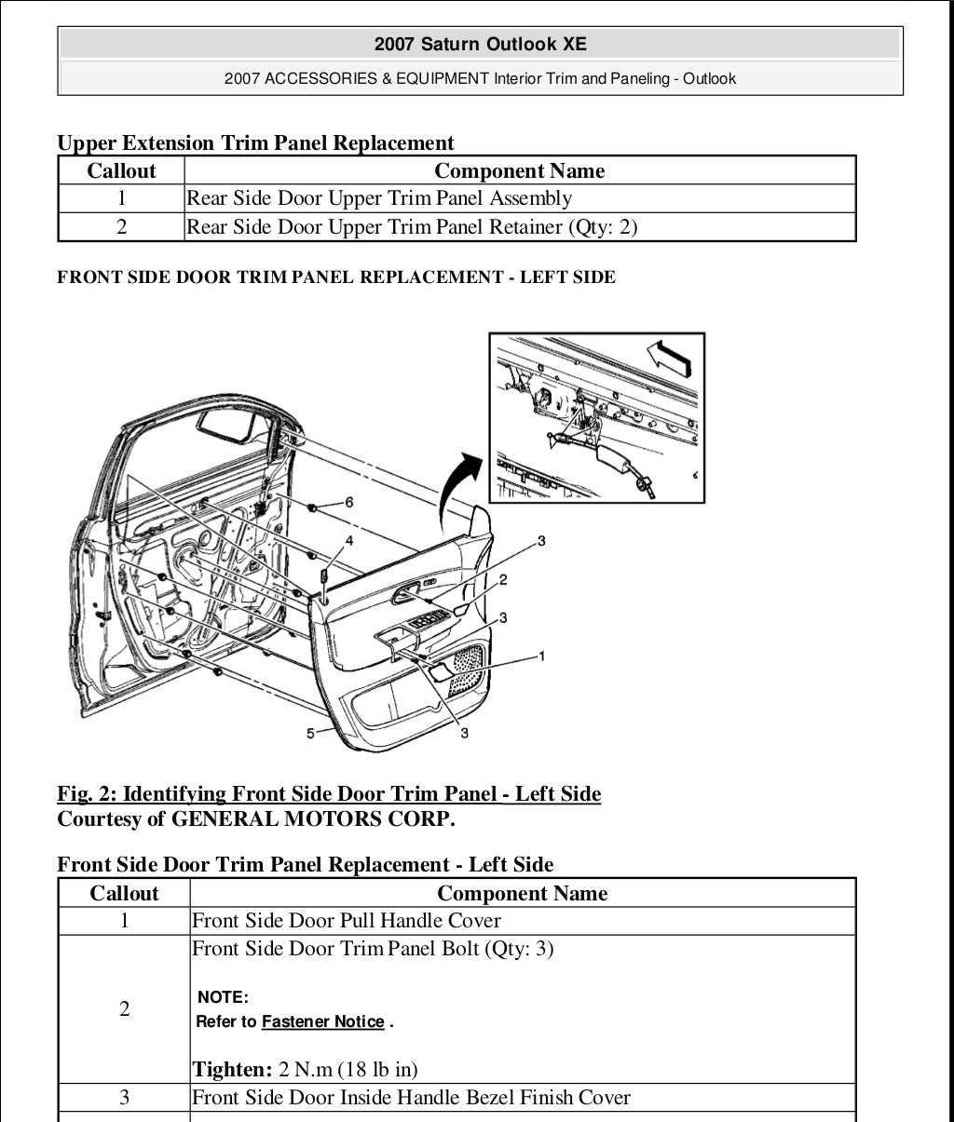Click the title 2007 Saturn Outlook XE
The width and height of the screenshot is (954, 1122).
point(480,44)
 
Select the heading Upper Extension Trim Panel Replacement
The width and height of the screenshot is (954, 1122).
point(255,142)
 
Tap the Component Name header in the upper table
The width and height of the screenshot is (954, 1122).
point(519,170)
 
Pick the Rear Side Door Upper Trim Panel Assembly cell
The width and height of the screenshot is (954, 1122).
point(379,198)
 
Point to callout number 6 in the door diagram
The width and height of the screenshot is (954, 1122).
point(349,502)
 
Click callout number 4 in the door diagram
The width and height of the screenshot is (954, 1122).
point(349,540)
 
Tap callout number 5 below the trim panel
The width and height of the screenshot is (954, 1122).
point(311,734)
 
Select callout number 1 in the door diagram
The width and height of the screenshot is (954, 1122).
point(542,656)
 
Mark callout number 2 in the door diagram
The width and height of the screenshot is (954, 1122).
point(503,580)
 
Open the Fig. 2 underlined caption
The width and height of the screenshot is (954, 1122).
point(329,794)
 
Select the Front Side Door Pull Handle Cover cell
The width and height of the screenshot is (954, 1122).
point(346,921)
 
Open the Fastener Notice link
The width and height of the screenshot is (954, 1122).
point(322,1021)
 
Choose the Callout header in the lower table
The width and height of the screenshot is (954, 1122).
point(124,894)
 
